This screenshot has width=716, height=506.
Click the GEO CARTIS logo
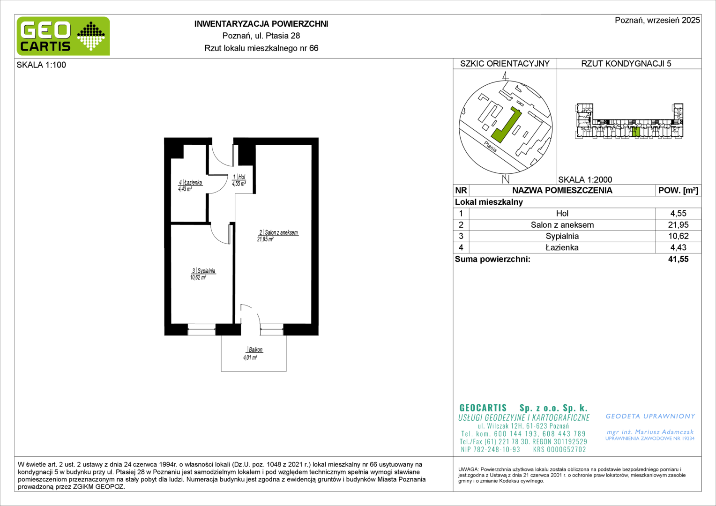[x=63, y=36]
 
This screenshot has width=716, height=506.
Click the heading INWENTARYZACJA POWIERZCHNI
[x=261, y=24]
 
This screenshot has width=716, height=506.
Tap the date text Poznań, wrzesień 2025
[x=657, y=20]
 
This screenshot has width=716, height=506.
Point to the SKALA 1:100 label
[x=41, y=65]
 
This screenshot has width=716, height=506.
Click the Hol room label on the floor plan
[x=239, y=180]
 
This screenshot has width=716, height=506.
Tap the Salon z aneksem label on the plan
[x=277, y=236]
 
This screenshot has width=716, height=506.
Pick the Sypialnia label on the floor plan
[x=202, y=274]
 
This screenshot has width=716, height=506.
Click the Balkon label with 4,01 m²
[x=253, y=354]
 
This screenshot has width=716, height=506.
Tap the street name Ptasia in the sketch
[x=490, y=147]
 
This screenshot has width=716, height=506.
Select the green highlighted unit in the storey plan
[x=636, y=132]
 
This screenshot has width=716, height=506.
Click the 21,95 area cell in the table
[x=679, y=225]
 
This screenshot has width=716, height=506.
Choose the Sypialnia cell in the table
[x=562, y=236]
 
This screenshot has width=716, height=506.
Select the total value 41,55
[x=679, y=259]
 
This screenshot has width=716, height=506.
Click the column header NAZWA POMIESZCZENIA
[x=562, y=191]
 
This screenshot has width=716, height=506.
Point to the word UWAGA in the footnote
[x=468, y=469]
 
